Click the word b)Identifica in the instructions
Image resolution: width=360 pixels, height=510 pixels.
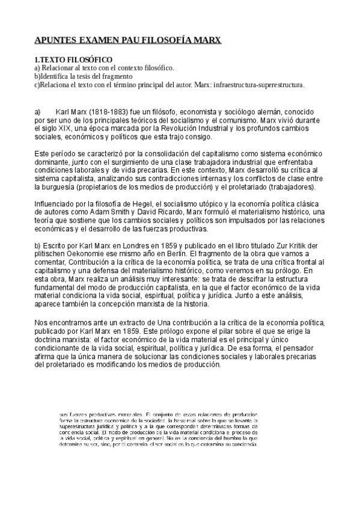tap(52, 76)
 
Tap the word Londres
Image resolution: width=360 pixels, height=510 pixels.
tap(131, 246)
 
